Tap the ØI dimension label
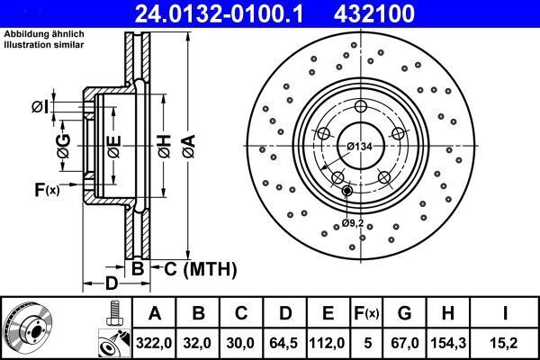pyautogui.click(x=40, y=108)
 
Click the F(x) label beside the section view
pyautogui.click(x=46, y=189)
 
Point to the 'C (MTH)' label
pyautogui.click(x=200, y=267)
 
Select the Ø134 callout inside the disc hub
pyautogui.click(x=360, y=147)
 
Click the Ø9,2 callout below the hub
pyautogui.click(x=354, y=222)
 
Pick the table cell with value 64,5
pyautogui.click(x=284, y=341)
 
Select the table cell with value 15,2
pyautogui.click(x=507, y=341)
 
